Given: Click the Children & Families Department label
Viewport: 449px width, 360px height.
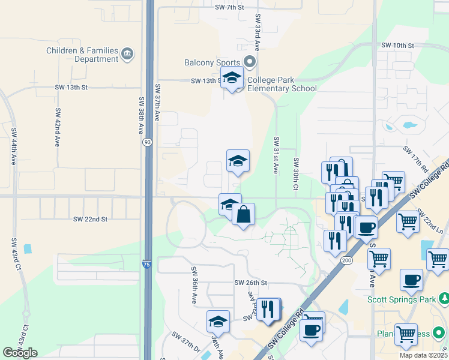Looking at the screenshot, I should click(x=83, y=55).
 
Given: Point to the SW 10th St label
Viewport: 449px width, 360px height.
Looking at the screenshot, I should click(x=397, y=46).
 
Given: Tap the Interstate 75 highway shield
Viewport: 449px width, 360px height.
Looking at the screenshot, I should click(x=147, y=264).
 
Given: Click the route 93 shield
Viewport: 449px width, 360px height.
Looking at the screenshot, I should click(x=147, y=142).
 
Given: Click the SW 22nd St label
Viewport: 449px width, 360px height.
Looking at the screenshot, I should click(x=89, y=220).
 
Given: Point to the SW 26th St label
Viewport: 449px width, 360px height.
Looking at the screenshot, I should click(x=250, y=283).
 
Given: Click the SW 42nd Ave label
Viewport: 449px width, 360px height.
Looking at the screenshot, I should click(x=58, y=127).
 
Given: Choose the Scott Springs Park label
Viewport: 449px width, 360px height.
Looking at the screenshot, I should click(x=402, y=299).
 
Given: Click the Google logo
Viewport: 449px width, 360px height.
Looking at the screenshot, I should click(x=20, y=352).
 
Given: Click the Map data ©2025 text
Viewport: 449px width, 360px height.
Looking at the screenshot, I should click(x=424, y=355).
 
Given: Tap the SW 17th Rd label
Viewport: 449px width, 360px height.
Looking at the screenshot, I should click(x=415, y=158).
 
